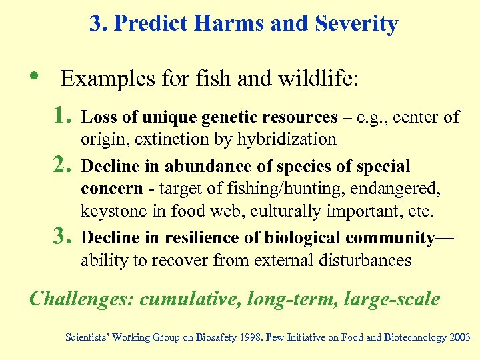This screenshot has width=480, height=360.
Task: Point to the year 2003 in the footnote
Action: click(x=459, y=337)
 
